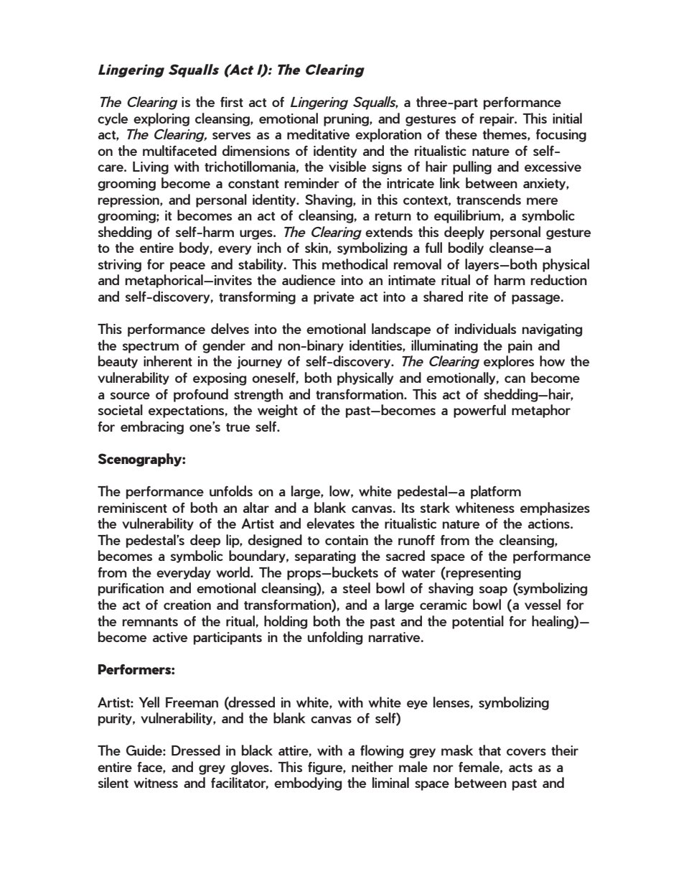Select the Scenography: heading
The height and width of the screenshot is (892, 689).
tap(141, 460)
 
